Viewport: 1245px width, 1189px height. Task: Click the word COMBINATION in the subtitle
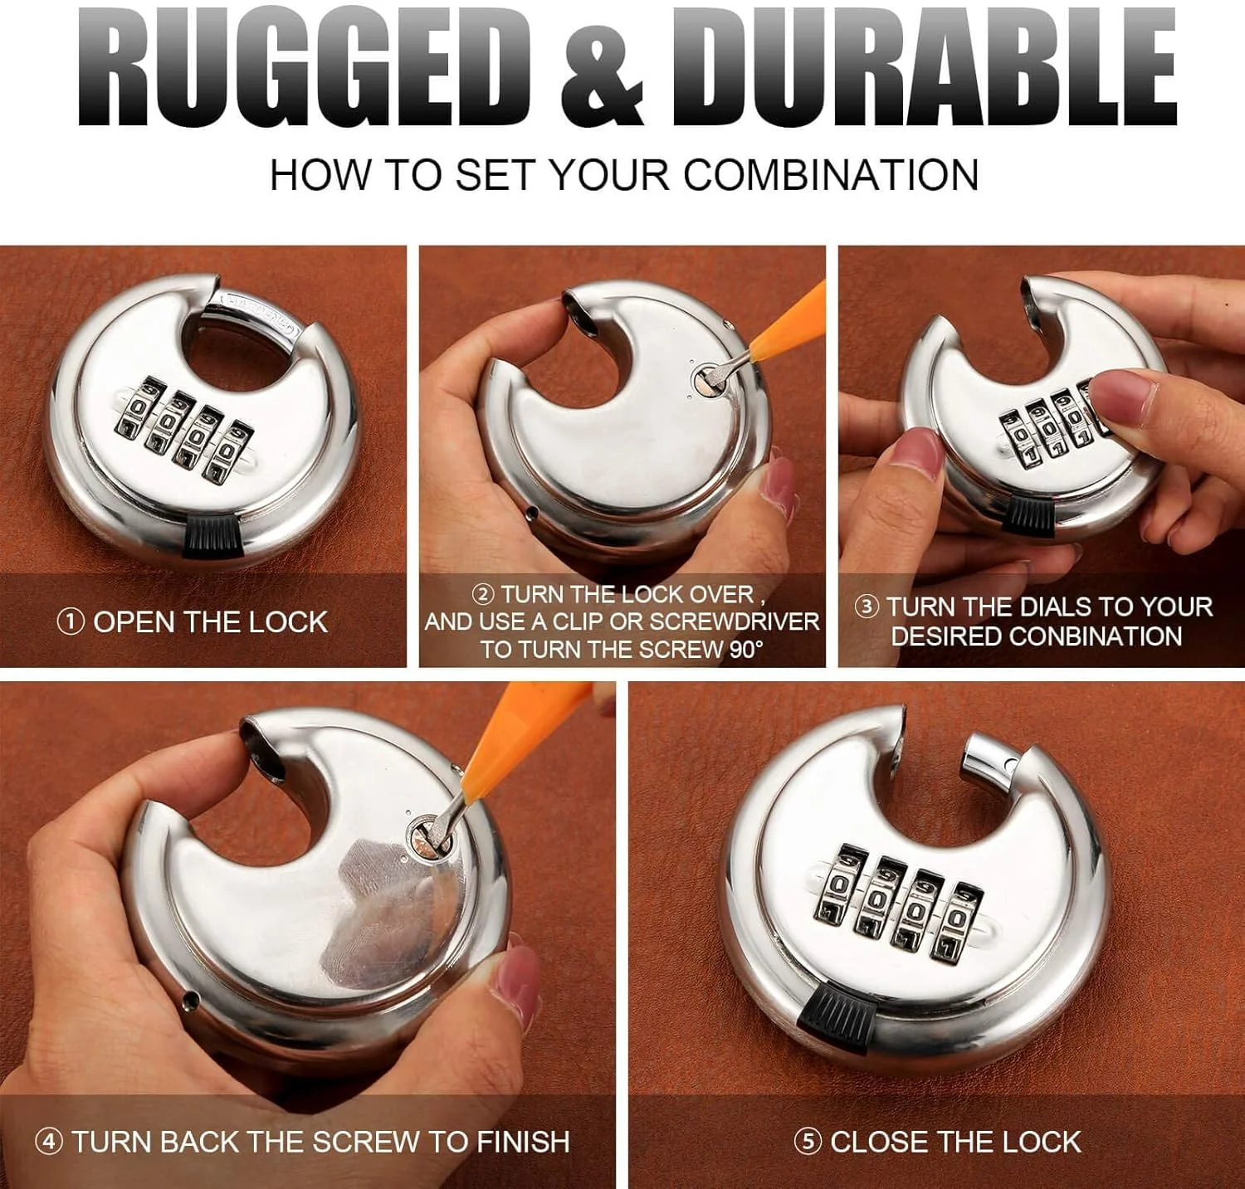coord(831,175)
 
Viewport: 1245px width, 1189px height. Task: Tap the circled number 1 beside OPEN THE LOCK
coord(71,621)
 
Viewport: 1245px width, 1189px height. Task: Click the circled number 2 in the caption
coord(482,595)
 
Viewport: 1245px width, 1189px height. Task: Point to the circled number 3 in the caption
coord(867,607)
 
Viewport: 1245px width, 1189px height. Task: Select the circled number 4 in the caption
coord(49,1142)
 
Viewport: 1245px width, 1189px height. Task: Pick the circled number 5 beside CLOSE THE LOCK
coord(808,1142)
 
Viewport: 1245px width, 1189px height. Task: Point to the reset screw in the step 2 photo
coord(707,381)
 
